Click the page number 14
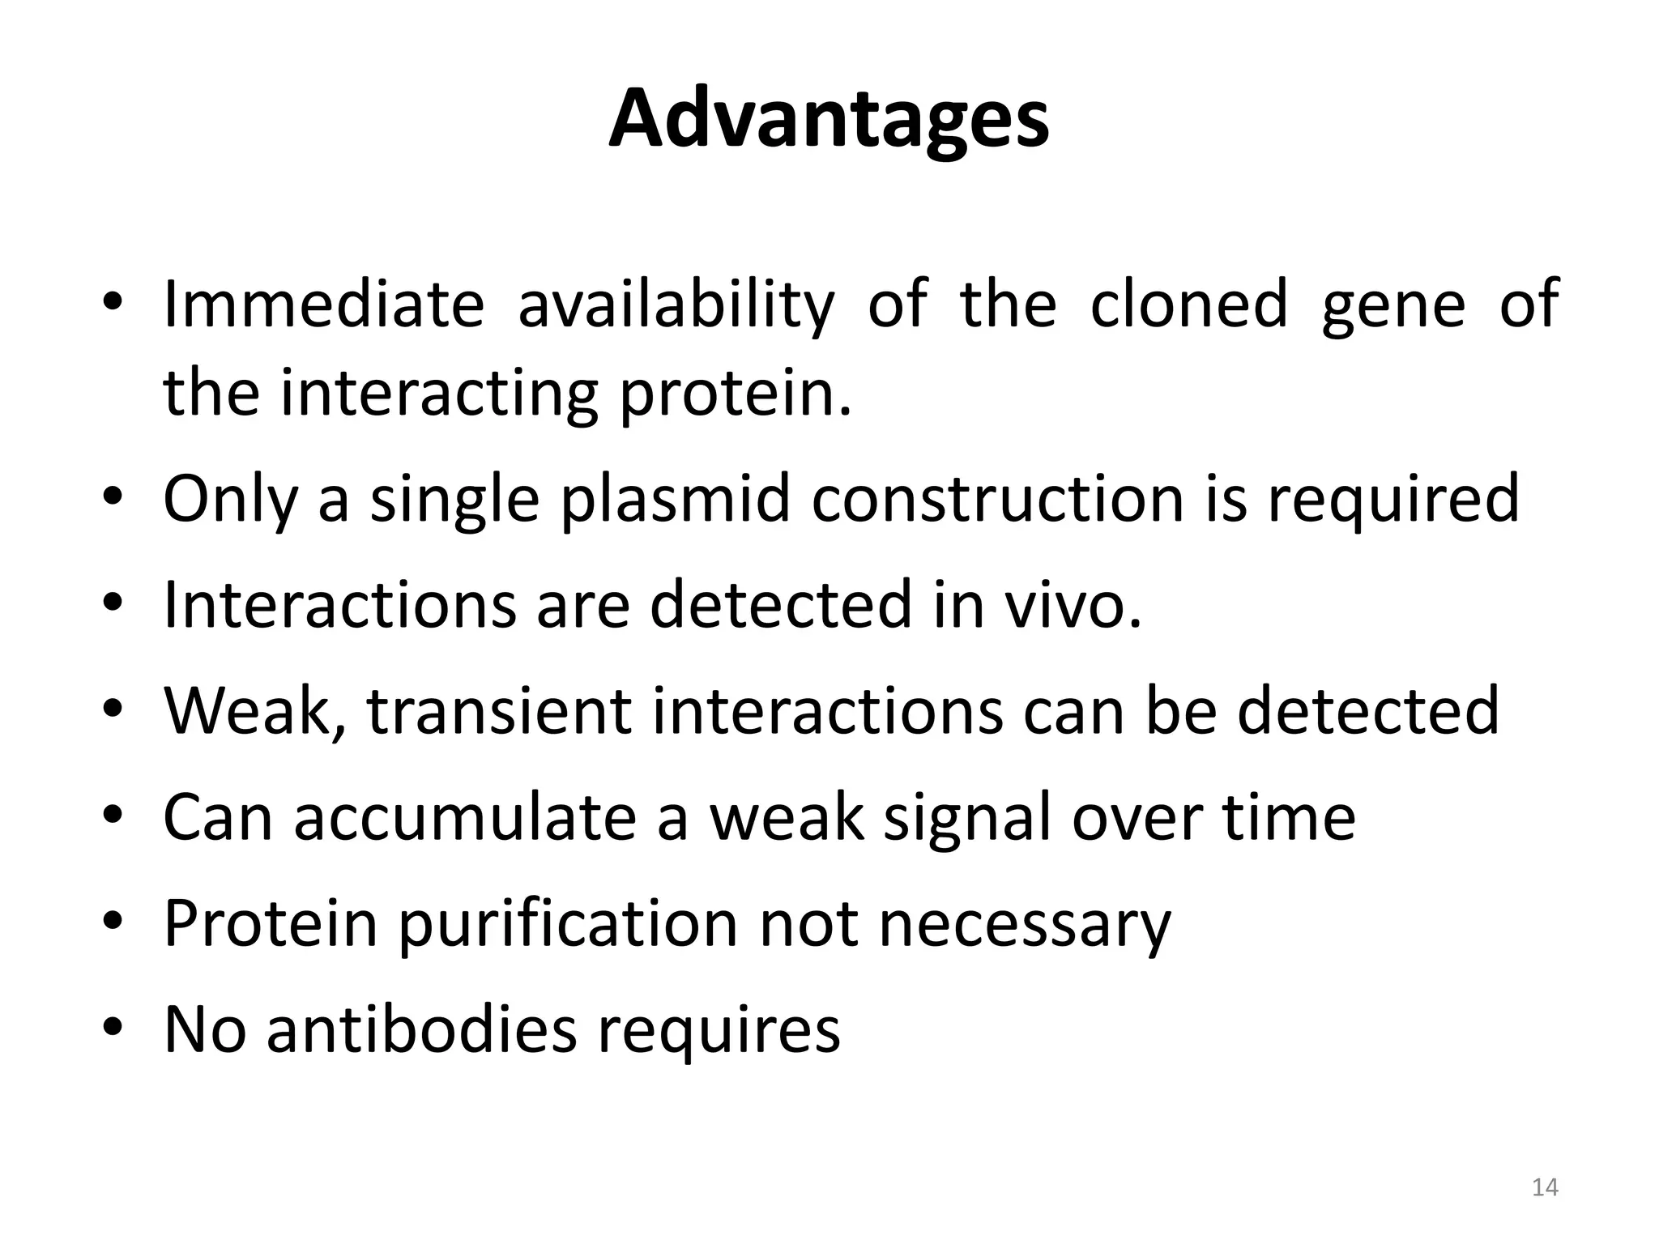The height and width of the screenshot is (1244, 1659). point(1545,1188)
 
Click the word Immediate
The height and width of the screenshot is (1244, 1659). point(323,305)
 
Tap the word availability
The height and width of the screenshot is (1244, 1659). point(676,306)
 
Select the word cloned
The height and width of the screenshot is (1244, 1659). point(1188,305)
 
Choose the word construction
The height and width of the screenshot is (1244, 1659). point(997,499)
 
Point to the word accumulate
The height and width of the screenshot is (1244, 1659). point(464,818)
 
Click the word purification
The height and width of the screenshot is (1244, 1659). point(567,925)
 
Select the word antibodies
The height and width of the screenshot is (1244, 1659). point(422,1030)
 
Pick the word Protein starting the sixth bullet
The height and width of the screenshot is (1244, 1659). point(271,924)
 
